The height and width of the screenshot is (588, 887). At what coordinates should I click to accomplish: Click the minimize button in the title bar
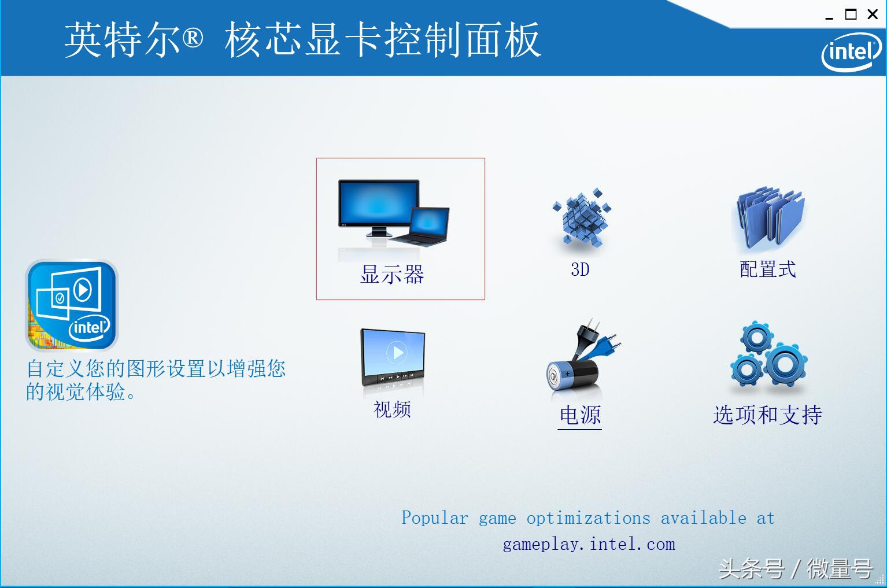tap(829, 16)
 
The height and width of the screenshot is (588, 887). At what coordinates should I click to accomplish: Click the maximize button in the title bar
tap(851, 14)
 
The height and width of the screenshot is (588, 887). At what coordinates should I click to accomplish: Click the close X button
tap(873, 14)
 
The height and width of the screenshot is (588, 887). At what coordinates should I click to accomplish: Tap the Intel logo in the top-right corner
tap(851, 52)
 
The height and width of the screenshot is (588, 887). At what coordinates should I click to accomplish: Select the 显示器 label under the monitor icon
tap(392, 274)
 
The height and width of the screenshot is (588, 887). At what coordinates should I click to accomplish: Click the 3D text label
tap(580, 269)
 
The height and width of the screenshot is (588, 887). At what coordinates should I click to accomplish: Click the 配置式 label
tap(768, 269)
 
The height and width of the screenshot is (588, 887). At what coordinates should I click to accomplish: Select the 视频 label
tap(392, 409)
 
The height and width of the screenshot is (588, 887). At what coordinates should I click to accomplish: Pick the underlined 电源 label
tap(580, 415)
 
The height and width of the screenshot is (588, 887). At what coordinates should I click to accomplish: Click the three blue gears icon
tap(768, 354)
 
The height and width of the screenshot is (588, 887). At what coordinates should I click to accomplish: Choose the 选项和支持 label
tap(767, 415)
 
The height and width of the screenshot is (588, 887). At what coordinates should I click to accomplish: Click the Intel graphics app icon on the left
tap(72, 305)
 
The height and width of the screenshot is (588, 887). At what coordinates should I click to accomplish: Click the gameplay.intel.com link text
tap(589, 544)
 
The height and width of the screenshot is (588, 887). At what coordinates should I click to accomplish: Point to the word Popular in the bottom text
tap(435, 517)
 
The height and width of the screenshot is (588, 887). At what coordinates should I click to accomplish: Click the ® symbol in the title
tap(193, 38)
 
